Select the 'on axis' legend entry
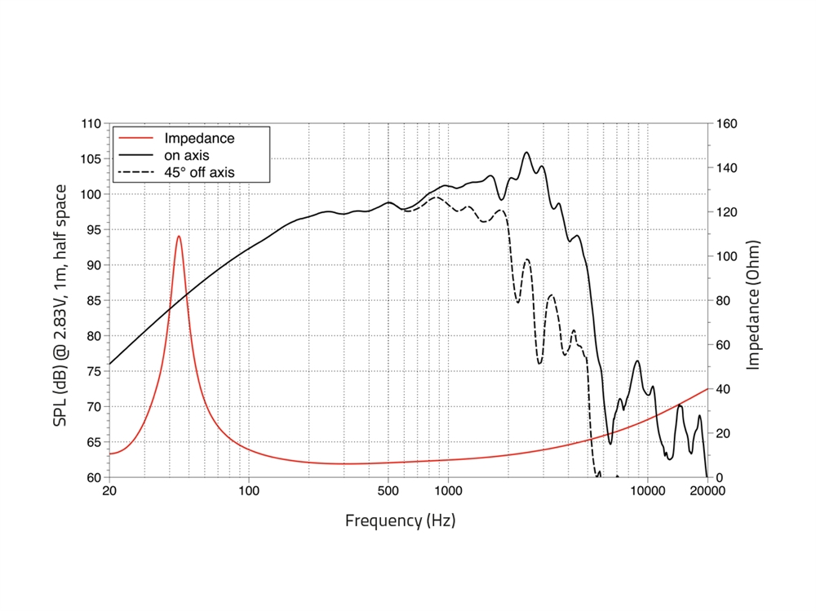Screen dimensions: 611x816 (188, 155)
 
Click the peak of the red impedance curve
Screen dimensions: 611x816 (179, 237)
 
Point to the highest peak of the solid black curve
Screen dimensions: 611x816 (526, 153)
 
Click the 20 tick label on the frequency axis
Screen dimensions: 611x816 (109, 491)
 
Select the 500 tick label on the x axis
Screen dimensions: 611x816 (388, 491)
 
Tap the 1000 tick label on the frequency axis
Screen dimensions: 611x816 (448, 491)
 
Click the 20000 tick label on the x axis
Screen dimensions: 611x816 (707, 491)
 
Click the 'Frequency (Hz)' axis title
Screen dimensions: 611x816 (400, 520)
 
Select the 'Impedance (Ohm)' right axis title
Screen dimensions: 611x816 (753, 304)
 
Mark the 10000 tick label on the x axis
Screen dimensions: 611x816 (646, 491)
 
